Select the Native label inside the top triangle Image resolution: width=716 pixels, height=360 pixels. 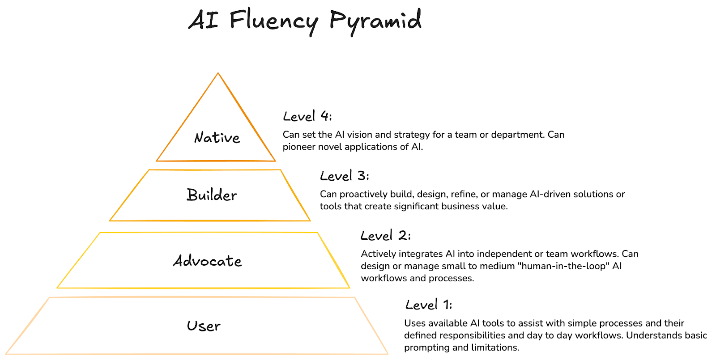click(x=217, y=138)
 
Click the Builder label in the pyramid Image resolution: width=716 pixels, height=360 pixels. click(x=212, y=195)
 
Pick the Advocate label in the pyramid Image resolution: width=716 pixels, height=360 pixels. click(x=207, y=261)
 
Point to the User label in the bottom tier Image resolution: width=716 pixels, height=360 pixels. click(x=204, y=326)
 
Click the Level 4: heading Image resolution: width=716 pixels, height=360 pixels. click(x=307, y=117)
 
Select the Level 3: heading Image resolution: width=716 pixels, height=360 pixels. click(x=345, y=176)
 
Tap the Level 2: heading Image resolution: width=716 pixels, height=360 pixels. click(x=385, y=236)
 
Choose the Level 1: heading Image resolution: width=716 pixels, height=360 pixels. click(x=429, y=305)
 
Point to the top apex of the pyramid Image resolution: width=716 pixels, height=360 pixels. click(x=218, y=74)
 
